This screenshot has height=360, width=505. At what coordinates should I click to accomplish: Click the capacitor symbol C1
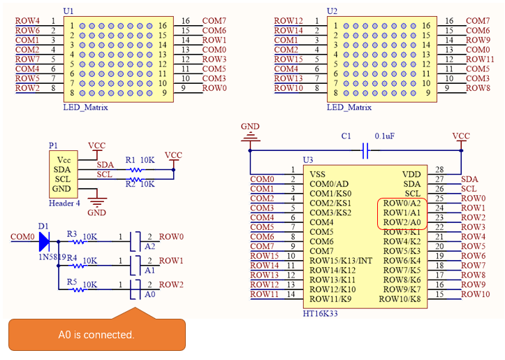[365, 150]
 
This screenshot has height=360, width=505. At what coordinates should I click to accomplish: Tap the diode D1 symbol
[44, 241]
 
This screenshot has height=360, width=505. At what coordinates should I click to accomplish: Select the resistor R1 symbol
[136, 170]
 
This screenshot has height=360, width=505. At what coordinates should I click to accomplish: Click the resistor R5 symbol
[78, 289]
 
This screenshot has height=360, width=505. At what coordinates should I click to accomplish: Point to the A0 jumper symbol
[136, 289]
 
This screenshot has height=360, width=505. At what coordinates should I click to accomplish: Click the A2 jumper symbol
[136, 241]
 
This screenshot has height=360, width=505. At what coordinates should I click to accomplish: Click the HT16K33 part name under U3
[320, 313]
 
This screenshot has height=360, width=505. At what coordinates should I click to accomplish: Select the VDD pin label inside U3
[411, 174]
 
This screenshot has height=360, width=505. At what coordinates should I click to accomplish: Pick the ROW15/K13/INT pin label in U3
[341, 261]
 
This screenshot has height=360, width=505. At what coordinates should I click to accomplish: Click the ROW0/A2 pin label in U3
[402, 203]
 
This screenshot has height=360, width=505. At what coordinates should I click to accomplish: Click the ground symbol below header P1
[97, 202]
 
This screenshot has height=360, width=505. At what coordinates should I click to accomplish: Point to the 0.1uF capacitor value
[385, 136]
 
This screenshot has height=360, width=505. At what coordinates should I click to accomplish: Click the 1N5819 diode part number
[52, 257]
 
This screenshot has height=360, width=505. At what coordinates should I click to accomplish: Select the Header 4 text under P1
[64, 203]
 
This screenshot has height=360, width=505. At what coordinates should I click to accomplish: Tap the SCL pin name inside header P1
[62, 179]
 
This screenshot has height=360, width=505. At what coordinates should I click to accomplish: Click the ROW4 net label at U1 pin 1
[27, 21]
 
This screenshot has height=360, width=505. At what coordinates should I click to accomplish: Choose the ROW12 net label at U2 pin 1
[288, 21]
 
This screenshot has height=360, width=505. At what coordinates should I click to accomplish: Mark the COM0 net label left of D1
[22, 236]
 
